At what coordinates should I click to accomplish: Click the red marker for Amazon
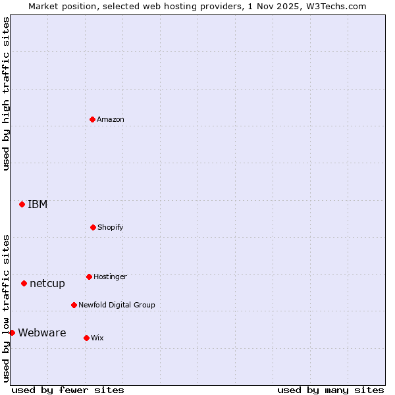tap(93, 119)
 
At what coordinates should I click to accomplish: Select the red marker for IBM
tap(22, 204)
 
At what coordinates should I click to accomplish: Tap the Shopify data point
tap(93, 227)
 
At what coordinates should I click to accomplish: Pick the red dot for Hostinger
tap(89, 276)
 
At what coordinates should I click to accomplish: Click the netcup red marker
tap(24, 283)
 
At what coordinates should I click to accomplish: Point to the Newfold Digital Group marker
tap(74, 305)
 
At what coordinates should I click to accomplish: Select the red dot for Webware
tap(12, 332)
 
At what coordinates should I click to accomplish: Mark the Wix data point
tap(86, 338)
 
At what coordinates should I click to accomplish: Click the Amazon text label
tap(111, 119)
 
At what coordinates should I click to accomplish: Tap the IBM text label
tap(38, 204)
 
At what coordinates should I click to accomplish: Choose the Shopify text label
tap(111, 227)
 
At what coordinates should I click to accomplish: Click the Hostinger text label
tap(110, 276)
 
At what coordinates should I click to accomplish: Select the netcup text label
tap(47, 283)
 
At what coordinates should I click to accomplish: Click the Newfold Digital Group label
tap(117, 305)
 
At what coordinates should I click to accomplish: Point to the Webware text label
tap(42, 332)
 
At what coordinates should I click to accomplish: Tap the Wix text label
tap(97, 338)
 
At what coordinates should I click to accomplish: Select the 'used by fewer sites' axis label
tap(68, 390)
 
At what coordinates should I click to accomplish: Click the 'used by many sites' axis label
tap(330, 390)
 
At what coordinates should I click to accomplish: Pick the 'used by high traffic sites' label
tap(6, 93)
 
